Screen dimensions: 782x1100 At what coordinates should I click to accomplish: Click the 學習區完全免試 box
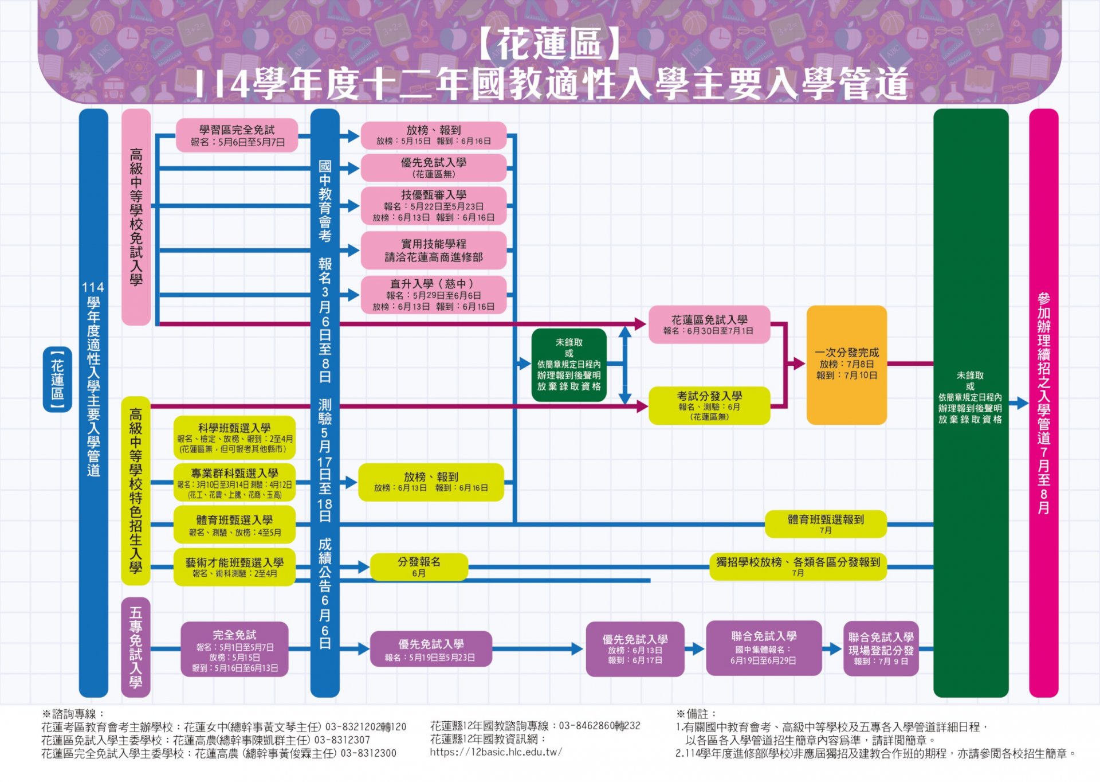point(237,135)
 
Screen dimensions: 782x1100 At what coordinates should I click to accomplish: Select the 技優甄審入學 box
point(433,205)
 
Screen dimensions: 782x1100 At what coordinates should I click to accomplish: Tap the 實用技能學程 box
point(433,251)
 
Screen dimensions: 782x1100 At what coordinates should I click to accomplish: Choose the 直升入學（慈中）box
point(433,295)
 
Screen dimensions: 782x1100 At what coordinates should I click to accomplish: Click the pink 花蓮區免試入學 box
point(709,324)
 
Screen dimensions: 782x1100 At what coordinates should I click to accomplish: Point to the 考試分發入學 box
point(709,405)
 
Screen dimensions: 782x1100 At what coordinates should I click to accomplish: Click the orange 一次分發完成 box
point(846,365)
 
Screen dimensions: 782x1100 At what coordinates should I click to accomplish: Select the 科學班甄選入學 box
point(234,437)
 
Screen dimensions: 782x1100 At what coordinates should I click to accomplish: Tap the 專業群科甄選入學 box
point(234,483)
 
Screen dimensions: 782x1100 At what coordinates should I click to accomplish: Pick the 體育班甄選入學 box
point(234,525)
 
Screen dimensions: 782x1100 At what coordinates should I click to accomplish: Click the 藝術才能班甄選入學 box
point(234,567)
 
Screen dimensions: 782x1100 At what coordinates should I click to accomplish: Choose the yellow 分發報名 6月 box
point(419,566)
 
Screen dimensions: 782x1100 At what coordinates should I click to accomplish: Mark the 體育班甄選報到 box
point(825,523)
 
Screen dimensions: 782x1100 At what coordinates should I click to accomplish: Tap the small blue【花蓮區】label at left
point(57,379)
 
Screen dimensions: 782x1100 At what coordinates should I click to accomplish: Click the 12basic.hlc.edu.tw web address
point(496,752)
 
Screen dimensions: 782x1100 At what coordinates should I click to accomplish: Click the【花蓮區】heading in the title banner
point(549,44)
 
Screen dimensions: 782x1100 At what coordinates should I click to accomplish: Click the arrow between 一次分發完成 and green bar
point(910,363)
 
